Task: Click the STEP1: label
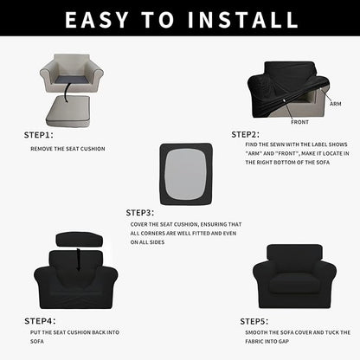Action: click(x=38, y=135)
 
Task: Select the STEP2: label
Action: click(x=246, y=135)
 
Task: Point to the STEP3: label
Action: click(x=140, y=212)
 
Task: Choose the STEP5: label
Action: click(x=254, y=320)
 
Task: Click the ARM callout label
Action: click(x=335, y=103)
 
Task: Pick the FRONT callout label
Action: click(x=300, y=122)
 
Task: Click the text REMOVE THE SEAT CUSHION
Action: click(x=67, y=149)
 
